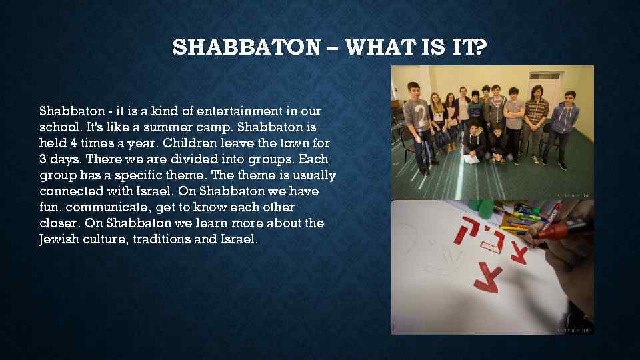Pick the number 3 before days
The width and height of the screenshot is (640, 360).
tap(43, 159)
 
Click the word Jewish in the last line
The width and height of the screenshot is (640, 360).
tap(58, 239)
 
